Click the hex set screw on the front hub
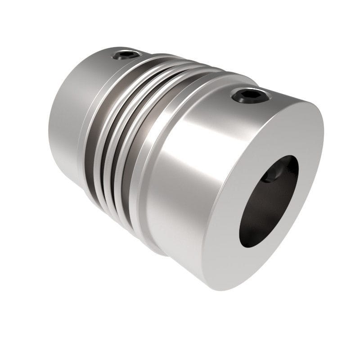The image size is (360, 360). point(251,95)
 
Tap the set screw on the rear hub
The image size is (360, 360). point(125,55)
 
